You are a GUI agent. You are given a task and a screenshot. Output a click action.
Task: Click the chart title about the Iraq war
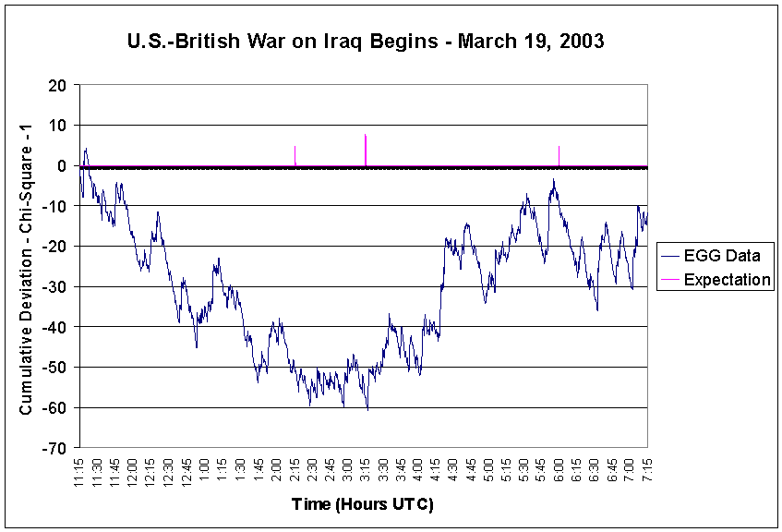pyautogui.click(x=365, y=42)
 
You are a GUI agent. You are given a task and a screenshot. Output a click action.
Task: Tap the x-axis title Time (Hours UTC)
pyautogui.click(x=362, y=504)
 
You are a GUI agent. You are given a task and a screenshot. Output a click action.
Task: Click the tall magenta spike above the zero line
pyautogui.click(x=366, y=150)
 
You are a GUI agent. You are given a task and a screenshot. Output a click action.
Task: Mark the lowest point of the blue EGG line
pyautogui.click(x=367, y=409)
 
